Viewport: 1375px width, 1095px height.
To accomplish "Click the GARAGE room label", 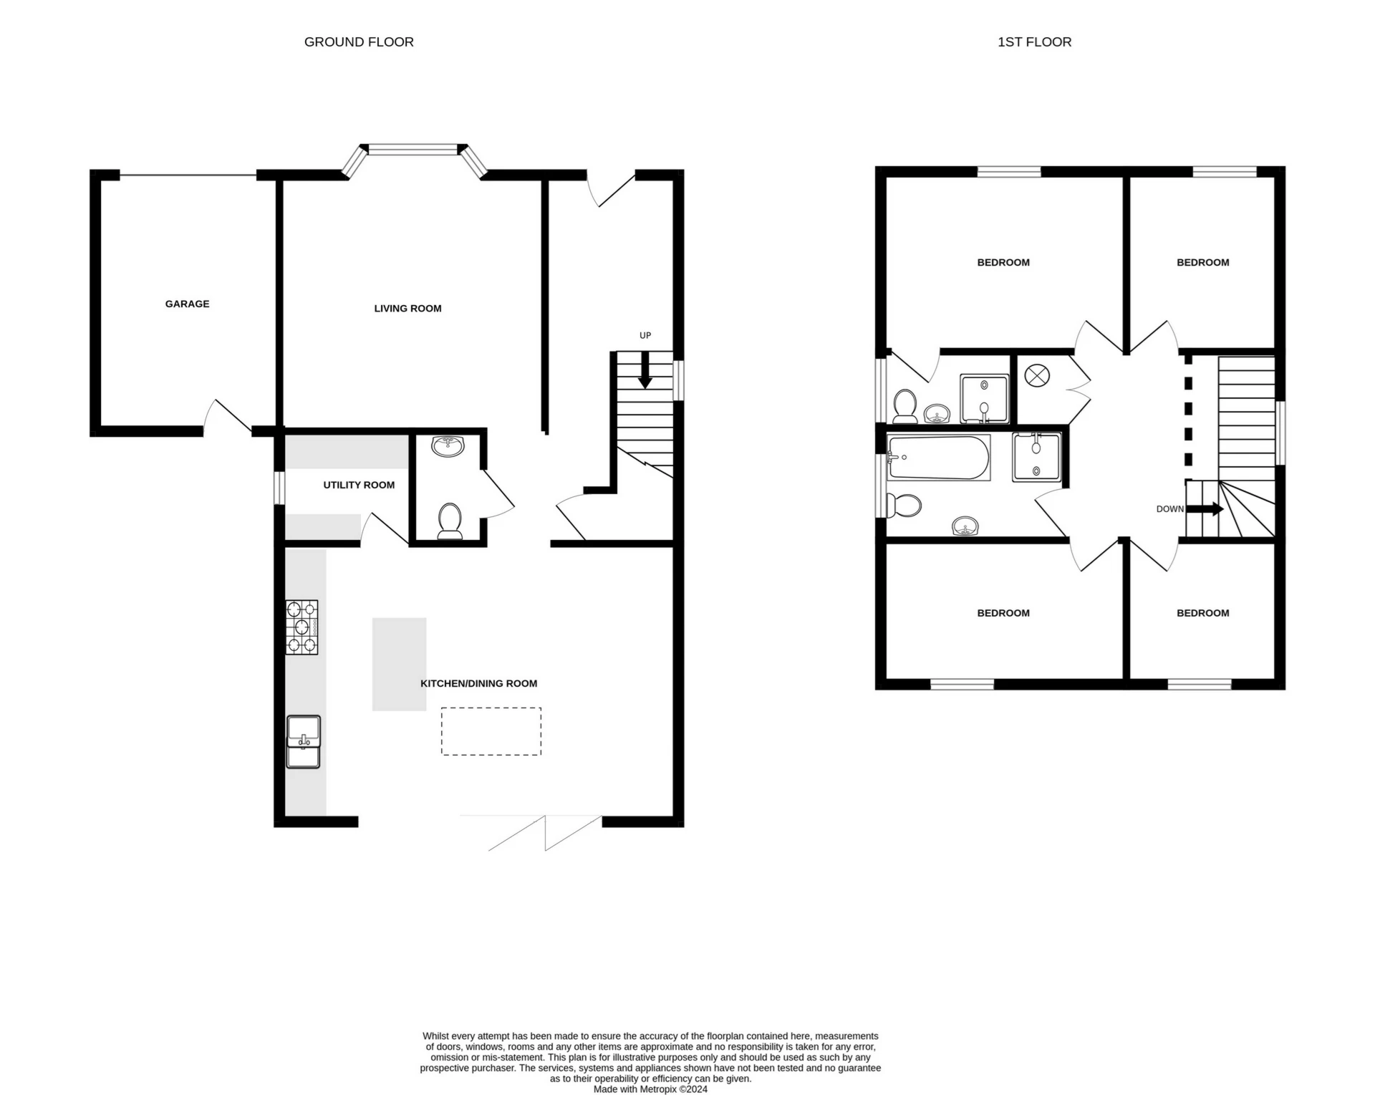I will [x=187, y=304].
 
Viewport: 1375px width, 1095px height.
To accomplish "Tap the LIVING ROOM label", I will [x=407, y=309].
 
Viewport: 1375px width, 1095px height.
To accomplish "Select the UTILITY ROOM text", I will [x=359, y=485].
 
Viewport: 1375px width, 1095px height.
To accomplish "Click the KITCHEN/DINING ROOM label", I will [x=478, y=683].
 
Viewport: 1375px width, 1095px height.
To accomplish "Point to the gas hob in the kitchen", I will [x=301, y=627].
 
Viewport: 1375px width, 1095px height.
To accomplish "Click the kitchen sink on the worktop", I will [x=303, y=741].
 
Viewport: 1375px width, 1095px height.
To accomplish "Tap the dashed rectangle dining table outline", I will [x=491, y=731].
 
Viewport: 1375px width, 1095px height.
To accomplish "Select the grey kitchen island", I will [x=399, y=664].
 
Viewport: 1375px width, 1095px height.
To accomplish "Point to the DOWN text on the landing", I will [x=1169, y=509].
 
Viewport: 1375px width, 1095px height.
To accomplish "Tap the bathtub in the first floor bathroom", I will [x=938, y=458].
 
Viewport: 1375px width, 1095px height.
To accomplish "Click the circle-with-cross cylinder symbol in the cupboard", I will [x=1036, y=375].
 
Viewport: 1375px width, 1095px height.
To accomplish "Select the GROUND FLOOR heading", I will [x=359, y=42].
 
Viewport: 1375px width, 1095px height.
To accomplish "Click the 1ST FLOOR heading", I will [x=1034, y=42].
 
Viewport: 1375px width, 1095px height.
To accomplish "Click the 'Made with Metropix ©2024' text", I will [x=650, y=1089].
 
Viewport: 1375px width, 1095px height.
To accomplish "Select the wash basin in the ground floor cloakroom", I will [x=448, y=445].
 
